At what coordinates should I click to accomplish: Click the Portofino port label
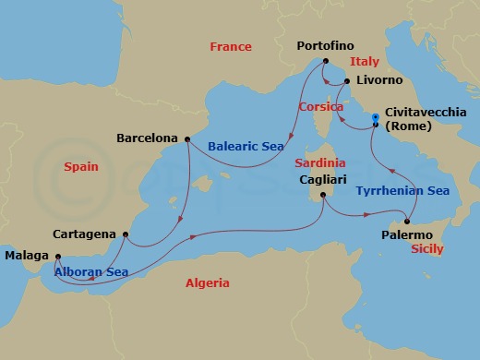[326, 45]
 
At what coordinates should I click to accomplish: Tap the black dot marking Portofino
[326, 61]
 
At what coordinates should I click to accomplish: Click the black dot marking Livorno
[347, 81]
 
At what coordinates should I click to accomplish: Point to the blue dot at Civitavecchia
[375, 117]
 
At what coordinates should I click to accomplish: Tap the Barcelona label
[148, 138]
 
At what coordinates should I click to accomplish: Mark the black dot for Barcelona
[187, 139]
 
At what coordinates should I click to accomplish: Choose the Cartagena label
[84, 234]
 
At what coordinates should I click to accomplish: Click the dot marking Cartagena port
[125, 234]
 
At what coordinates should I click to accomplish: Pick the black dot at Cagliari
[323, 195]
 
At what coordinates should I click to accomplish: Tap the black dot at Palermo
[406, 222]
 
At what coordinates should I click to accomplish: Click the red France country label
[231, 46]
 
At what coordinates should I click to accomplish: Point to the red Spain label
[81, 167]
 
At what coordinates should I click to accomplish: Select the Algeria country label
[208, 283]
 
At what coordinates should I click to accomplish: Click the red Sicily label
[427, 249]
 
